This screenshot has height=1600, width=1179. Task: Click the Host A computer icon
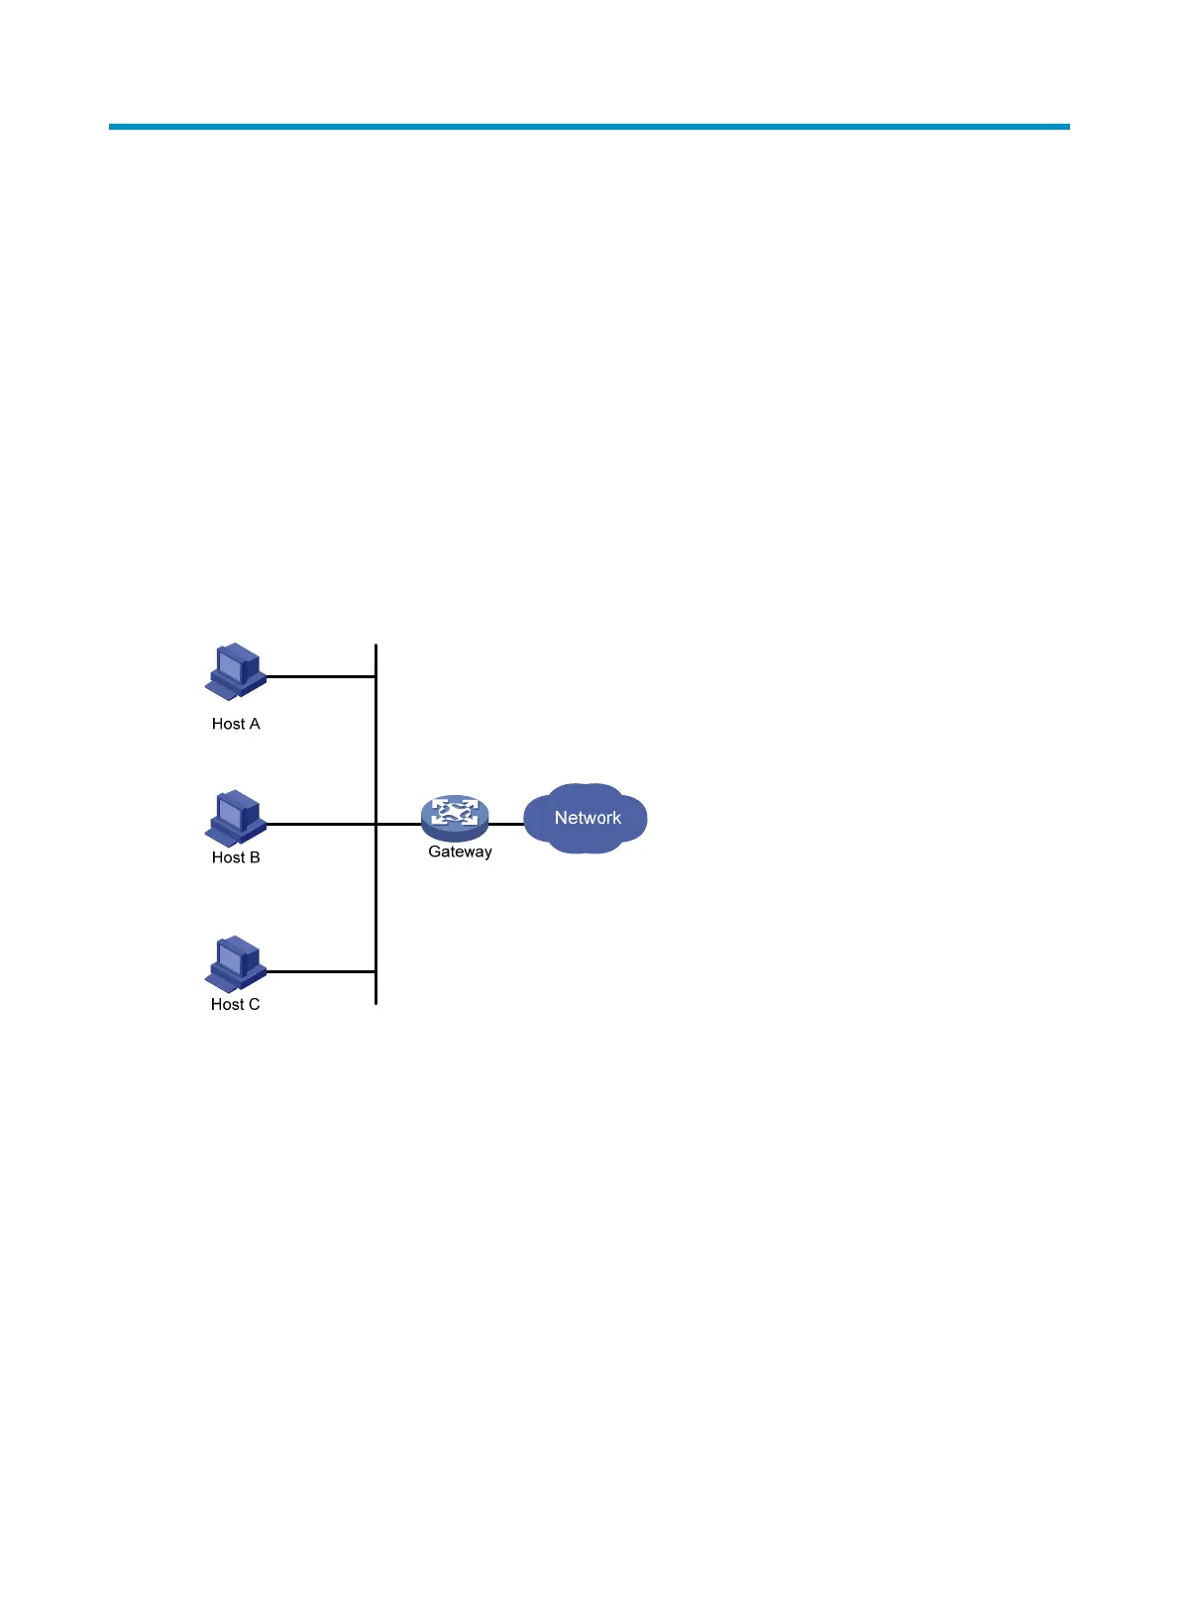point(236,672)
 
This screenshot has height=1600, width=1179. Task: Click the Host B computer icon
point(236,818)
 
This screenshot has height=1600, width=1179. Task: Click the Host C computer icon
point(236,964)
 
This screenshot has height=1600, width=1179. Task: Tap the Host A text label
point(236,724)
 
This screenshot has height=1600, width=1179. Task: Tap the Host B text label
point(236,857)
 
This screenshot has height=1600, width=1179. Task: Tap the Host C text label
point(235,1004)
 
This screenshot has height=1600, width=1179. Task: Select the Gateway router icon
point(455,818)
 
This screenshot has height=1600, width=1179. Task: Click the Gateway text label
point(460,851)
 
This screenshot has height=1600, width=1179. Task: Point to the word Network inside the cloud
point(588,818)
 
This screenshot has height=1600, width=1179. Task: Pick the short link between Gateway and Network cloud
point(506,824)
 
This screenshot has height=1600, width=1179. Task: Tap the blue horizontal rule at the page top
point(589,127)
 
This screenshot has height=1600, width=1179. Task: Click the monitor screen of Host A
point(230,667)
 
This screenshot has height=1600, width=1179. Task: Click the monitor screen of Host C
point(230,958)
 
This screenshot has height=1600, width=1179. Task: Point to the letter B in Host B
point(255,857)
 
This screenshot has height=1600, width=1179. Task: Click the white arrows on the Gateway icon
point(454,813)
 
